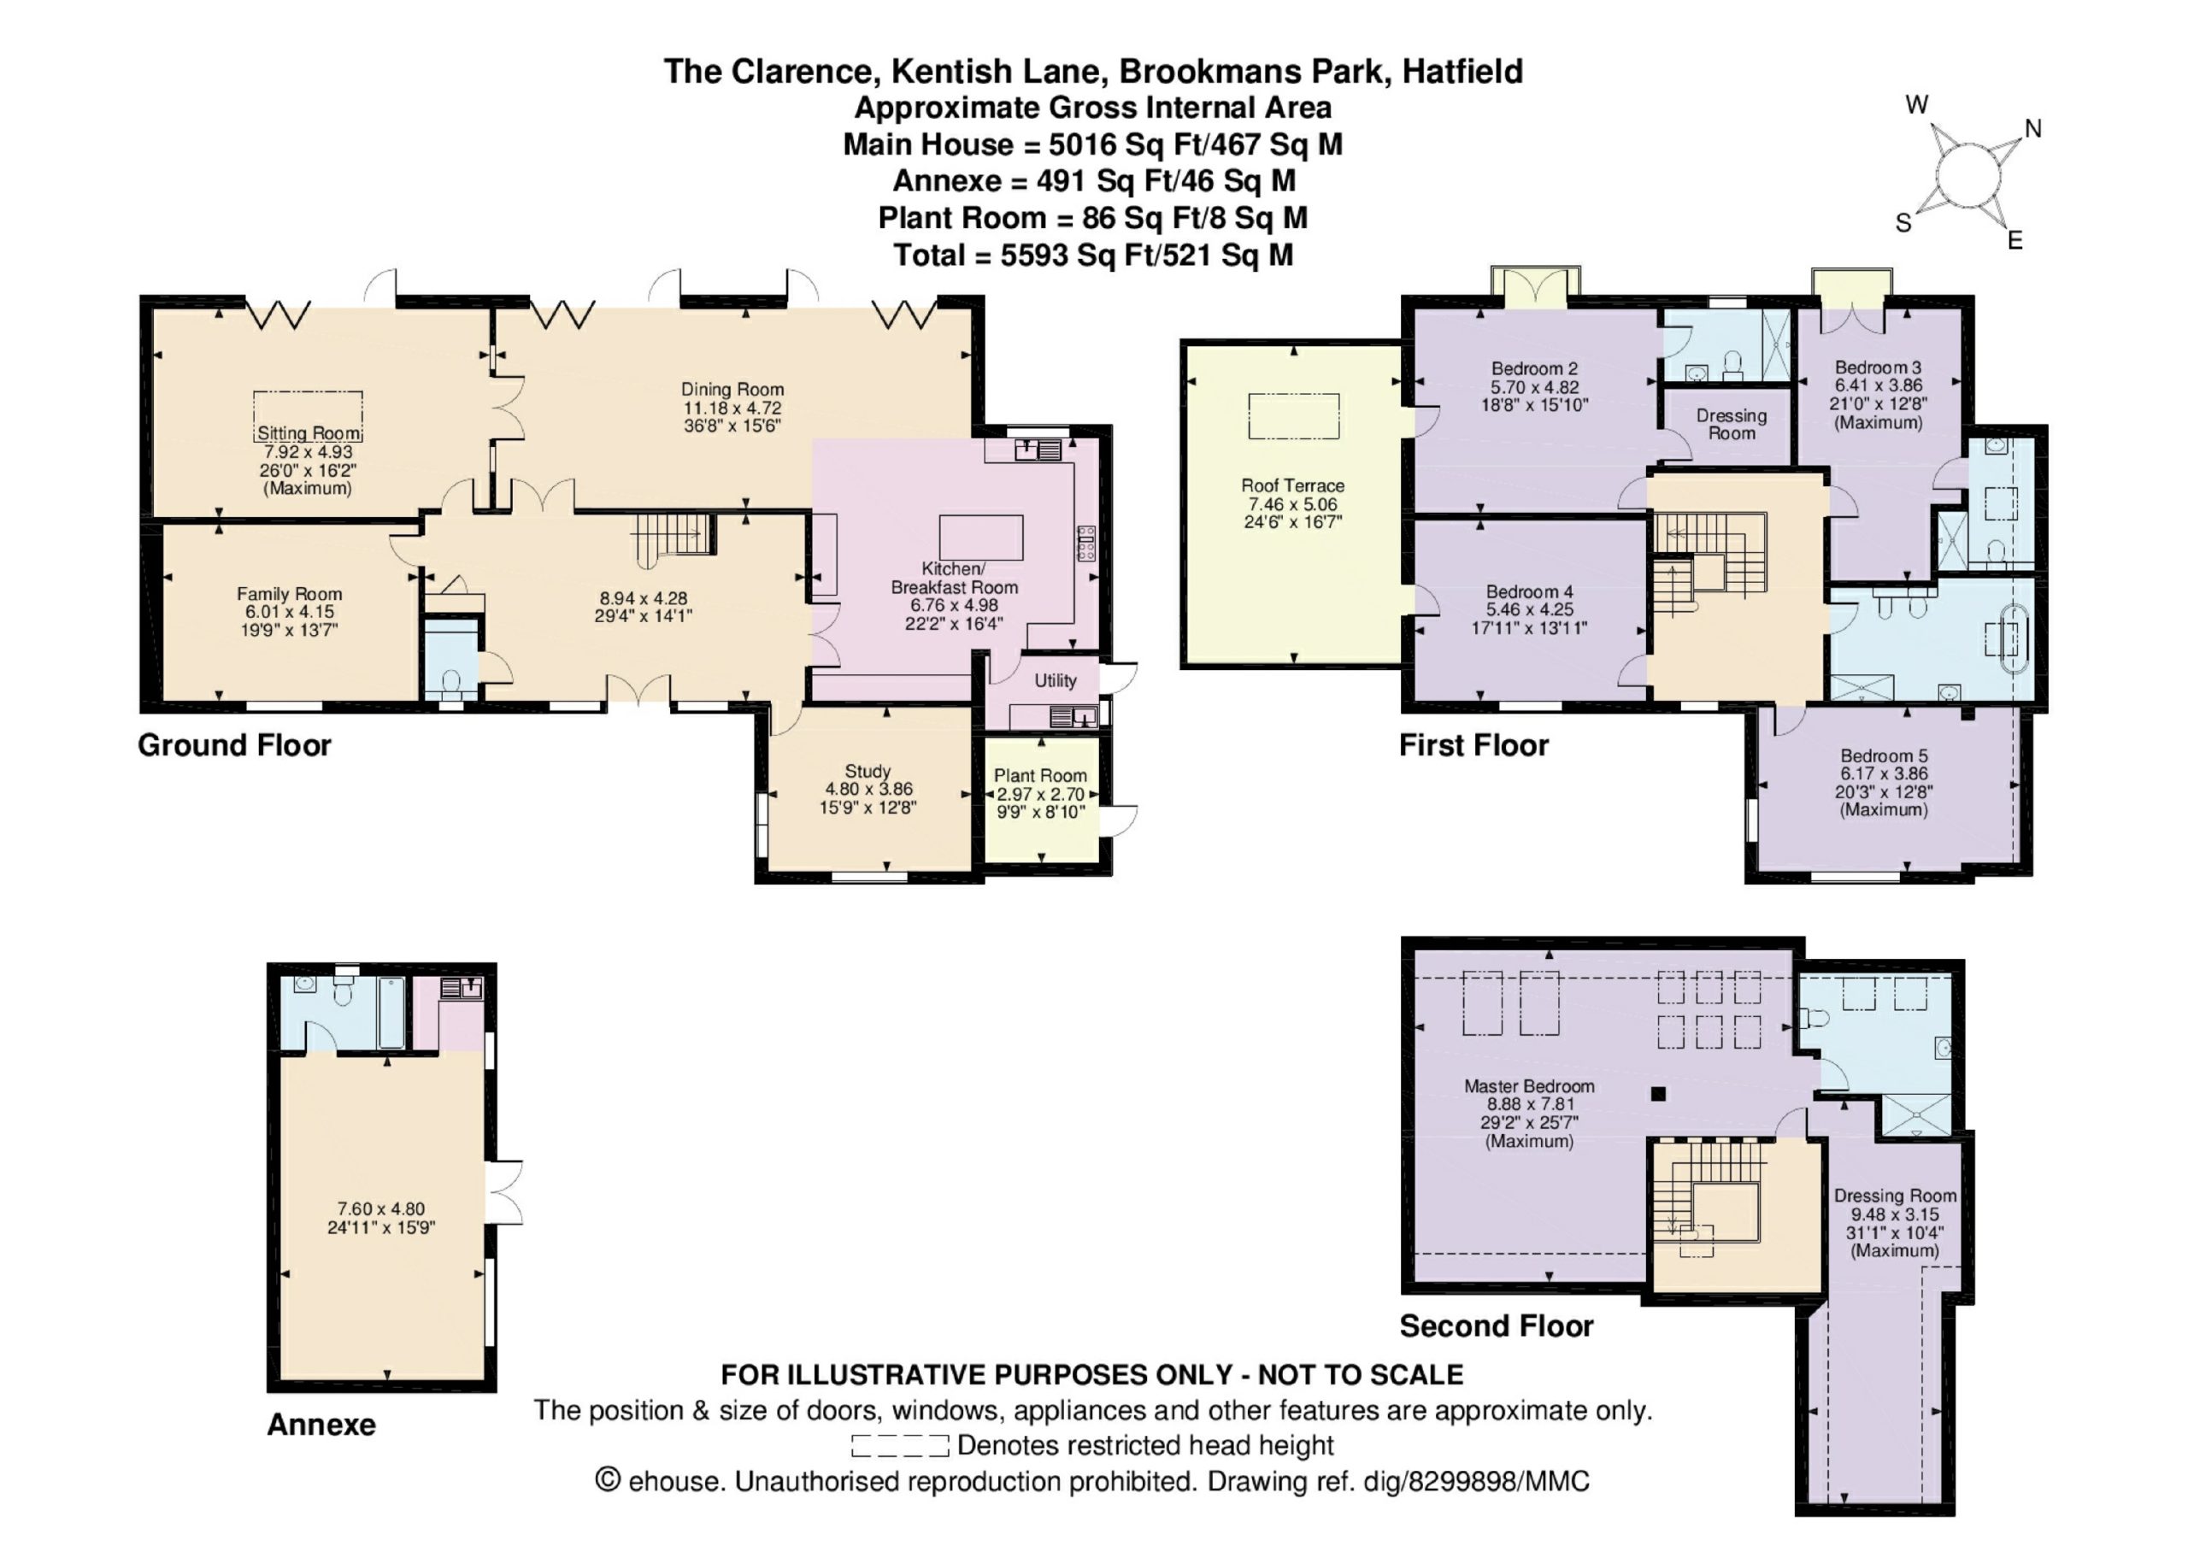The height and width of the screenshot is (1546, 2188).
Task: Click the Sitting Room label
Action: (x=309, y=433)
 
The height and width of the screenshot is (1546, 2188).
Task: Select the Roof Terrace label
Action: (x=1292, y=485)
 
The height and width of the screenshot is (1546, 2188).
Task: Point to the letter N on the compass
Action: (x=2032, y=129)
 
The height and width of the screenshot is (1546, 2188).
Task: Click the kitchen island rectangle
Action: (x=980, y=538)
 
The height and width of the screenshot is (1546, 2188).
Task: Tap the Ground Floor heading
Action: (x=234, y=745)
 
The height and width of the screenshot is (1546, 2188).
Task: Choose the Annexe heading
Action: (x=321, y=1425)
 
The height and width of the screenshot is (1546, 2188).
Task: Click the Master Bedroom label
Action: (x=1528, y=1085)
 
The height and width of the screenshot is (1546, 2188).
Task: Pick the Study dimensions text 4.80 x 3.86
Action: (x=868, y=789)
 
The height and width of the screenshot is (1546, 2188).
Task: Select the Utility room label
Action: (x=1055, y=680)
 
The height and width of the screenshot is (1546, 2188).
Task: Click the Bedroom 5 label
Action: (x=1883, y=755)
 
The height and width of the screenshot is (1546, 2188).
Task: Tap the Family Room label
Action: (x=289, y=594)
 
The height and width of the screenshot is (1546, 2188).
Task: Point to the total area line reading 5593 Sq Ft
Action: (x=1093, y=256)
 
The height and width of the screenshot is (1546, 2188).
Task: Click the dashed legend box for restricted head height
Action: (x=900, y=1446)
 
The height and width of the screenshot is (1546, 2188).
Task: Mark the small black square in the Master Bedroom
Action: (x=1658, y=1094)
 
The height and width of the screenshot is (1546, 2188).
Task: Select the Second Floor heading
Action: (x=1497, y=1326)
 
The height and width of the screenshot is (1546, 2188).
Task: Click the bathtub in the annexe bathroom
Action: (x=391, y=1011)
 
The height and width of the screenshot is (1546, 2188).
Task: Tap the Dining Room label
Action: (x=732, y=389)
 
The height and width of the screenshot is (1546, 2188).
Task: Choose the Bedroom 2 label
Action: (x=1534, y=369)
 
